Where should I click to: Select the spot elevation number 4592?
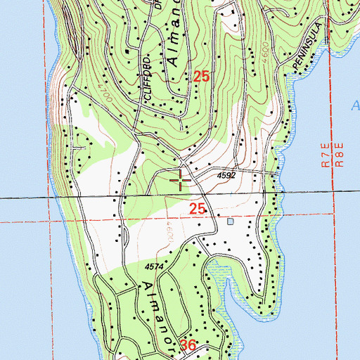click(x=226, y=175)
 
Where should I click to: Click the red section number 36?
click(x=188, y=345)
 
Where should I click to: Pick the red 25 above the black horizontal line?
click(x=201, y=78)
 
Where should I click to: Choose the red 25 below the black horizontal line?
click(x=198, y=208)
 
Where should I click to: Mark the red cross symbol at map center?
click(x=181, y=181)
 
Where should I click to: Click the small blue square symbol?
click(x=231, y=221)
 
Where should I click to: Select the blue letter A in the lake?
click(x=354, y=106)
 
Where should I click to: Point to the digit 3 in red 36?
click(x=184, y=345)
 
